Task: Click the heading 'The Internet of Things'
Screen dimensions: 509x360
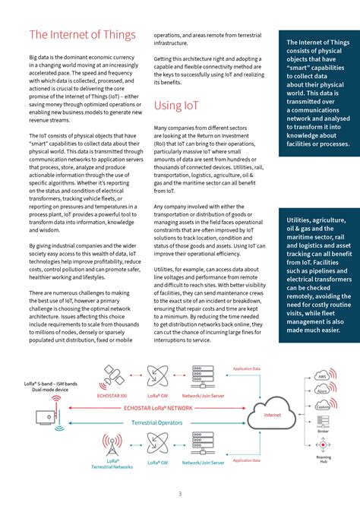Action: point(82,35)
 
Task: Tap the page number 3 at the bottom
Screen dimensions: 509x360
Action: point(180,494)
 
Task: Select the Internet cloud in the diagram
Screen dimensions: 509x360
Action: point(272,416)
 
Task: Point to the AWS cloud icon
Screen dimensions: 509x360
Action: point(322,377)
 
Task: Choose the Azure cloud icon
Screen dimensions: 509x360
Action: point(322,390)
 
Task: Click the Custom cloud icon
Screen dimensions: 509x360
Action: point(322,406)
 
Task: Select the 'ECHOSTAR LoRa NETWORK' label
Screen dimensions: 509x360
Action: point(157,408)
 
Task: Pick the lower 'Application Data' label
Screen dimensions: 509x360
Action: point(246,460)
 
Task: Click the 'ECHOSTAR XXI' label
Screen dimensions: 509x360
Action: point(113,396)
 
